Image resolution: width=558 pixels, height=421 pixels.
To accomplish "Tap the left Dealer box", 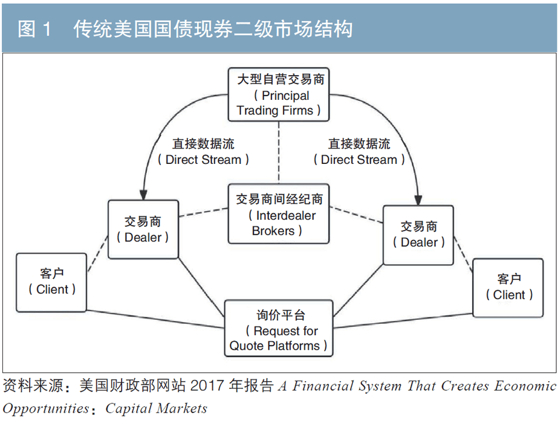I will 143,229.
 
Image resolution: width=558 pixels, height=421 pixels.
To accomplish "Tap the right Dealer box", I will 418,234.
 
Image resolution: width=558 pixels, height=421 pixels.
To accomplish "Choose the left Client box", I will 52,282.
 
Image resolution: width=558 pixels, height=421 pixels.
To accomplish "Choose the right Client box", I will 508,287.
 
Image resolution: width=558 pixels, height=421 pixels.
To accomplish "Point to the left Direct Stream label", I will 203,152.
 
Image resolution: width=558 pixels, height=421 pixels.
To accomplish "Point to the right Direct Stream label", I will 359,152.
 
